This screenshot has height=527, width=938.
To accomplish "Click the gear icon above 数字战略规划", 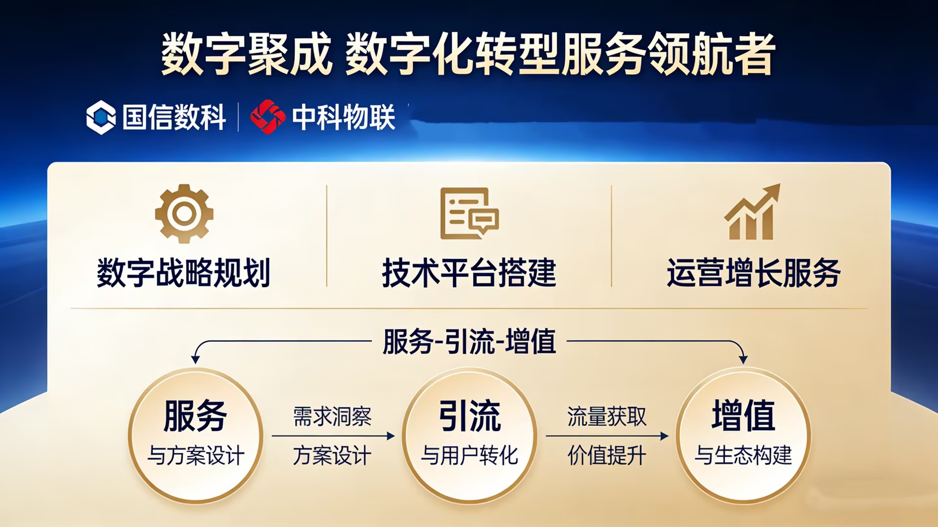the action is click(x=184, y=213).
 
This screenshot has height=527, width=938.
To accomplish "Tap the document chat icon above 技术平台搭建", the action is click(x=469, y=213).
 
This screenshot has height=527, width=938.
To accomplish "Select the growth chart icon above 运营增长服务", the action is click(x=752, y=212).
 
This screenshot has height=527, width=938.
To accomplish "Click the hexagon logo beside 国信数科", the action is click(x=101, y=117).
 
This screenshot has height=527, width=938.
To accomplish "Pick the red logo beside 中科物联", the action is click(x=268, y=117).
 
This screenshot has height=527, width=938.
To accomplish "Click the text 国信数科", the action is click(x=174, y=117).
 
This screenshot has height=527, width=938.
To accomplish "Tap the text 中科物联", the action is click(x=344, y=117).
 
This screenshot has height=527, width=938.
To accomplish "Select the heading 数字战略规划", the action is click(x=184, y=273).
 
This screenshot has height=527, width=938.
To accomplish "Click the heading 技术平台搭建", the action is click(x=469, y=273).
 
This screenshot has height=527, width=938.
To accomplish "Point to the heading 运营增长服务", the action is click(x=753, y=273).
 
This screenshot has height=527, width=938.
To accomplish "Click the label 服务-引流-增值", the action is click(x=469, y=342).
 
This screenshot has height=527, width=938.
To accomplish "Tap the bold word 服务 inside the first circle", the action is click(x=195, y=416).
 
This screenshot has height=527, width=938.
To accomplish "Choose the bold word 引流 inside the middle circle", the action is click(x=470, y=416).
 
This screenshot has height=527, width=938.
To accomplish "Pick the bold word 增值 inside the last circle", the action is click(x=744, y=416).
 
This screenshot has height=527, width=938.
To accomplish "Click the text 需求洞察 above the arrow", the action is click(x=332, y=417).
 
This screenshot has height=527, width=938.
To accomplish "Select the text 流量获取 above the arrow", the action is click(x=607, y=417).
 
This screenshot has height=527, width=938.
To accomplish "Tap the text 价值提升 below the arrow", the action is click(x=607, y=456).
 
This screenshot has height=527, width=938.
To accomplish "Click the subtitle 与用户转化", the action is click(x=470, y=456).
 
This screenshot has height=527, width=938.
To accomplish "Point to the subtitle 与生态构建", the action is click(x=744, y=456).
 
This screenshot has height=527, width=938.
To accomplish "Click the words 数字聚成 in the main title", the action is click(x=247, y=54).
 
